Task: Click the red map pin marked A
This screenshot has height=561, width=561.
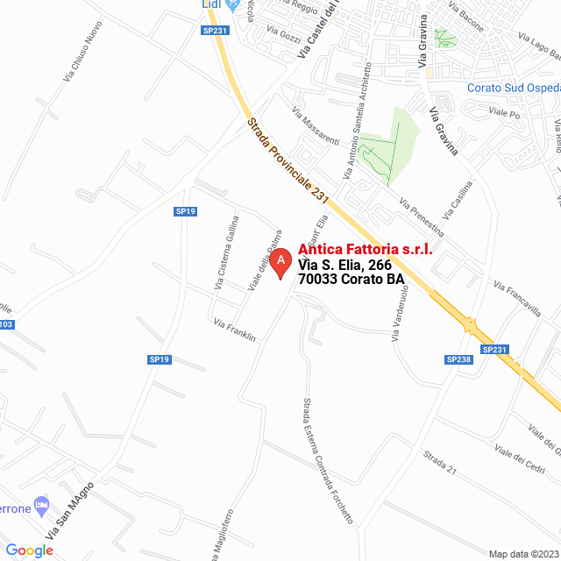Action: [280, 262]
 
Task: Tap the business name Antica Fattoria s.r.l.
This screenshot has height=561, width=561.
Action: [366, 250]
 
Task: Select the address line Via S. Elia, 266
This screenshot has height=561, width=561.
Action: [344, 265]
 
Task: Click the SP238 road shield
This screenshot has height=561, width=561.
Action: [458, 359]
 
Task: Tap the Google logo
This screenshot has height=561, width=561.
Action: [29, 550]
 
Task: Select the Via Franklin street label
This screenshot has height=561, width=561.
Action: [234, 330]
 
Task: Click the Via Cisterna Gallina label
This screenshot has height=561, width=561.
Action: [226, 252]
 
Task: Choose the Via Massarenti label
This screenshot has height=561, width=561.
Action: [316, 129]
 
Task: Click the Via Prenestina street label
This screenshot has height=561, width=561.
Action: [421, 219]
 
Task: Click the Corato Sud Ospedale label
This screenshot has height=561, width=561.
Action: [513, 89]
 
